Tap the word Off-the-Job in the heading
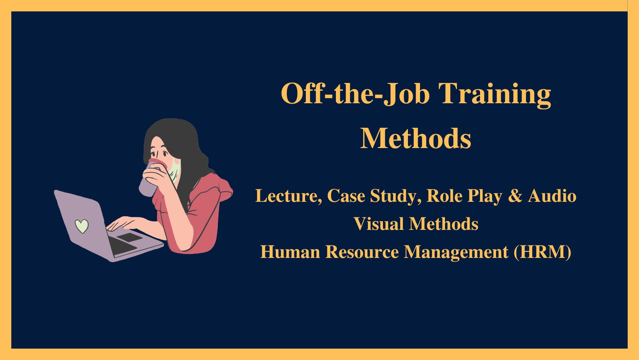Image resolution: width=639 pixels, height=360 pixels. tap(355, 94)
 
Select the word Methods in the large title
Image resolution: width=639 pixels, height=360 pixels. tap(416, 139)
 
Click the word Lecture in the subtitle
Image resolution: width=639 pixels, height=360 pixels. tap(288, 196)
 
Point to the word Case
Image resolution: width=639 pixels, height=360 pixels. tap(346, 196)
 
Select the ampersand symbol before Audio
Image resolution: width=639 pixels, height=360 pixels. tap(515, 196)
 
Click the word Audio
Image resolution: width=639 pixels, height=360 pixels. tap(552, 196)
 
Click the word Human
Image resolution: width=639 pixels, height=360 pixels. tap(290, 252)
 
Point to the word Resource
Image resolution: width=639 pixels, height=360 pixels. tap(362, 252)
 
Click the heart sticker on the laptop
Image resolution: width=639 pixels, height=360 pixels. tap(81, 226)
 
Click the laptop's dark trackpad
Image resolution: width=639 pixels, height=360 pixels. tap(129, 237)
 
